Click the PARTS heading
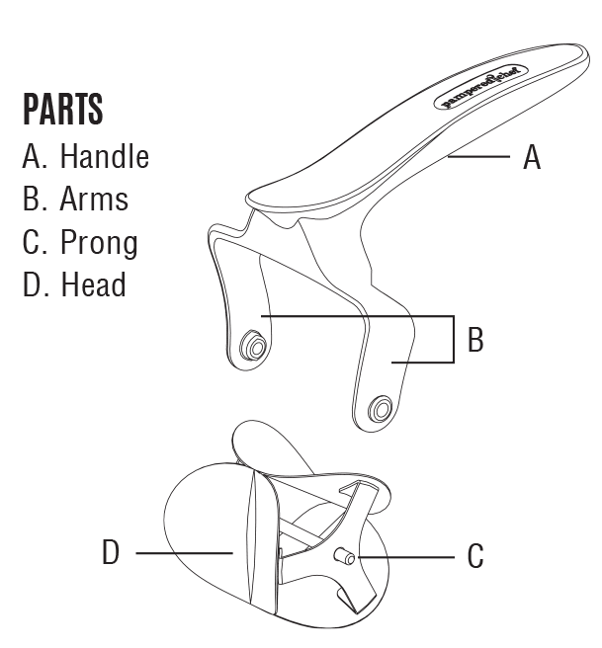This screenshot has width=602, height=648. pos(62,110)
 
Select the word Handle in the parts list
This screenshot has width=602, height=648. pos(104,156)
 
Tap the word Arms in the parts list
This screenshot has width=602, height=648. pos(95,199)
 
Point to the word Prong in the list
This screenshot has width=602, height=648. pos(100,243)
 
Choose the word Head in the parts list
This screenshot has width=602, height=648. pos(94,285)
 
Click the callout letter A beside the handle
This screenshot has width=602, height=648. pos(531,157)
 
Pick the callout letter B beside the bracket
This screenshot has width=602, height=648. pos(474,341)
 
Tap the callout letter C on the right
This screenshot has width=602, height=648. pos(475,557)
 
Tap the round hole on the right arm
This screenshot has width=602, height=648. pos(380,408)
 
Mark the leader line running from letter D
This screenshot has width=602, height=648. pos(183,553)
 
